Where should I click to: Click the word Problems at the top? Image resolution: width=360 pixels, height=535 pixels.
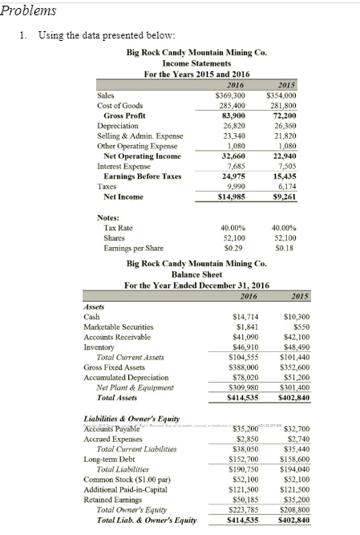tap(30, 10)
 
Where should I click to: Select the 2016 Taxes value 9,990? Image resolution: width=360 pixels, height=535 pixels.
tap(233, 186)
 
